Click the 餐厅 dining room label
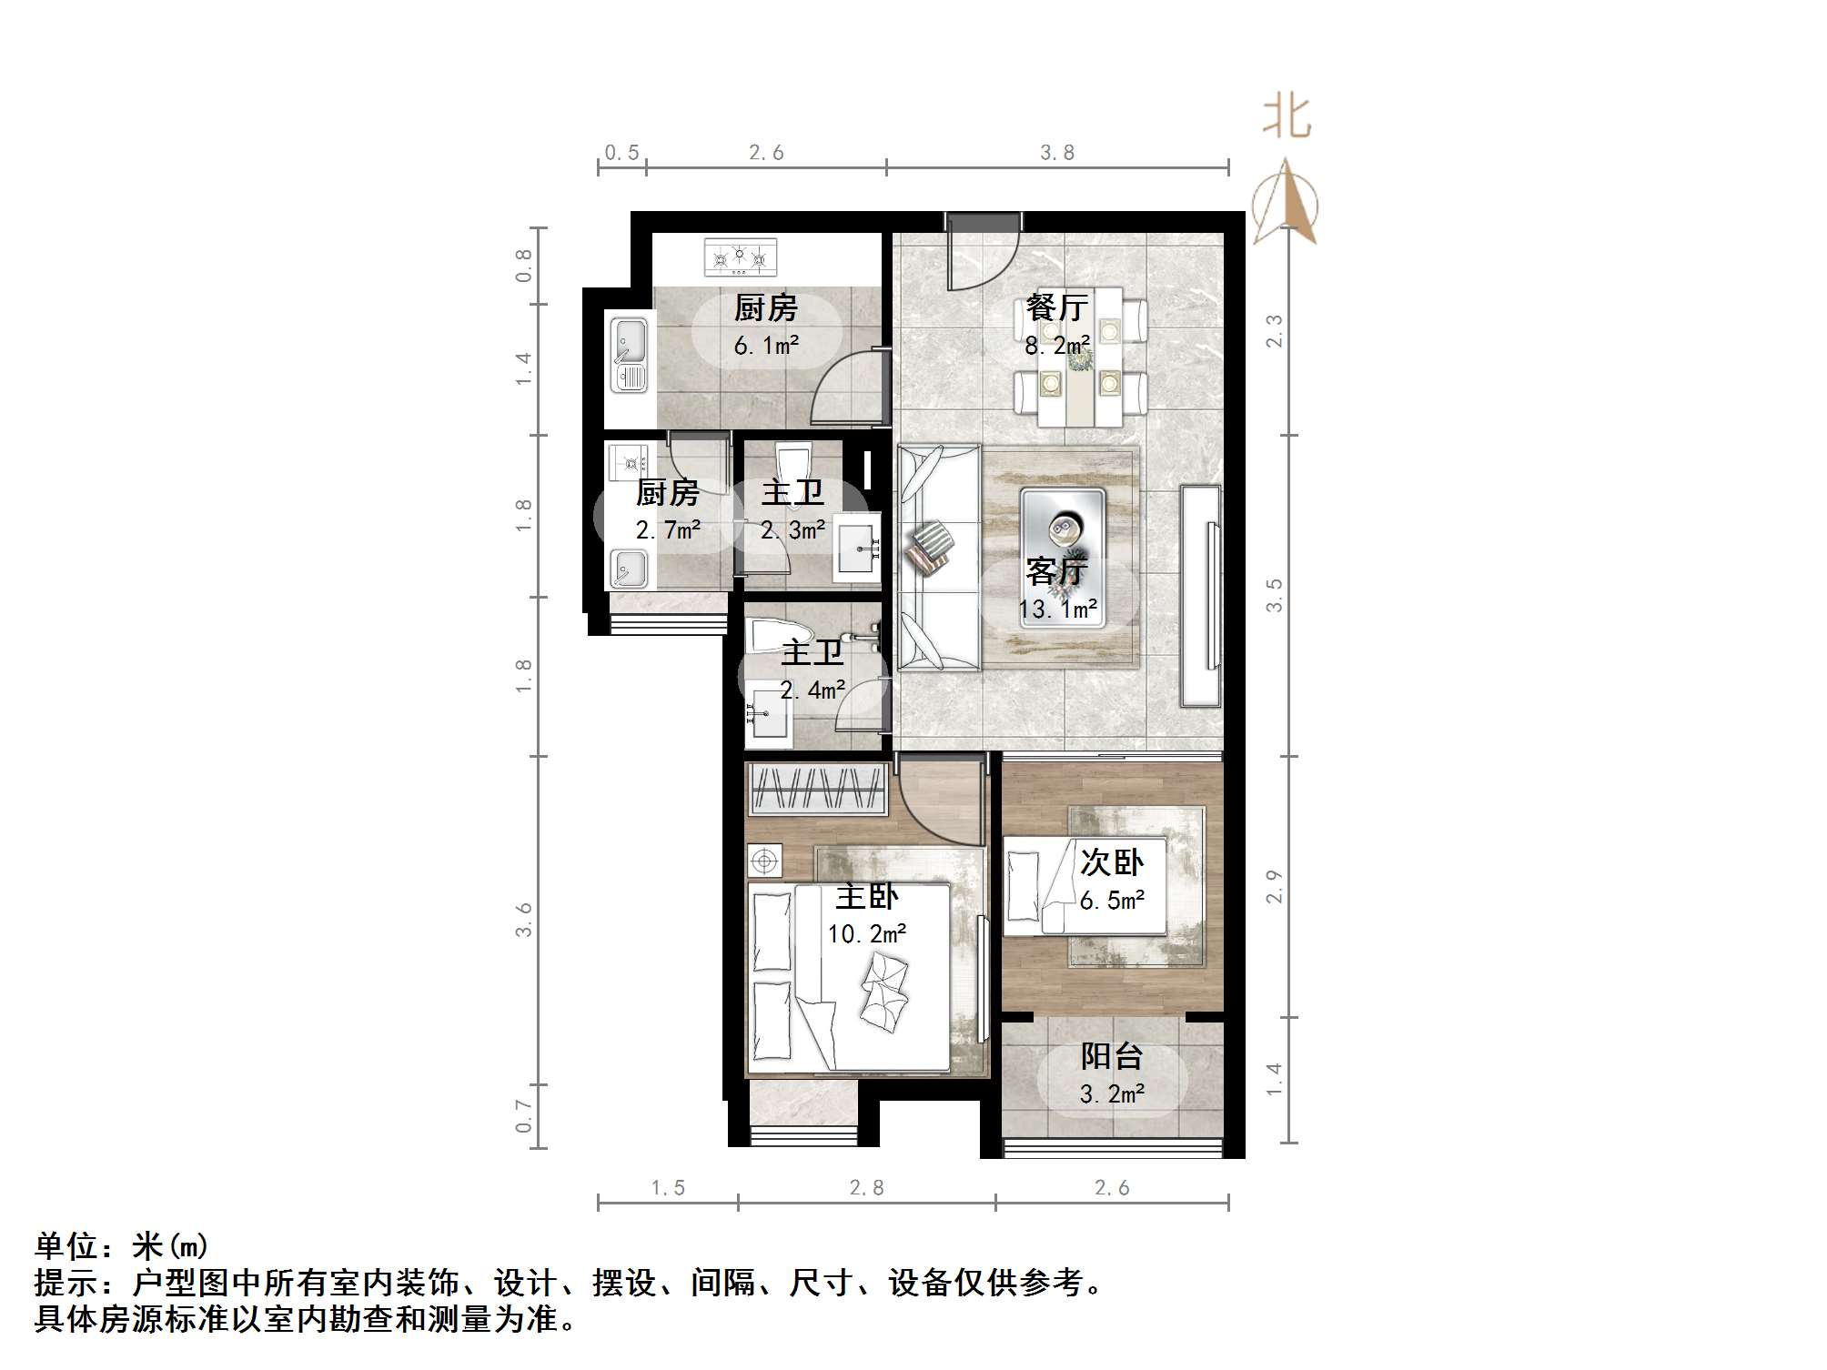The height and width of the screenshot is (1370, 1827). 1056,307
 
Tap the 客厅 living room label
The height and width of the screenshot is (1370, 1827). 1056,571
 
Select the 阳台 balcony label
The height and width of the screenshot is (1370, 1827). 1111,1056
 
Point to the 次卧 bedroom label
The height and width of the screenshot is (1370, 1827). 1111,862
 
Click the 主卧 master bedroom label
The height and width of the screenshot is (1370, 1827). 866,897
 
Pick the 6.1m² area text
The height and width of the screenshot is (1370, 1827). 766,346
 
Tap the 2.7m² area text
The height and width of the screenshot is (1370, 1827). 668,530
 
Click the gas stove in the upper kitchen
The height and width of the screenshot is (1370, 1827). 741,257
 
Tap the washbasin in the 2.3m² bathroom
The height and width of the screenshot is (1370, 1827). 858,547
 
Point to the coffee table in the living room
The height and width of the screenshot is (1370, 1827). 1062,557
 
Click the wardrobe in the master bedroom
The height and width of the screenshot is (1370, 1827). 817,788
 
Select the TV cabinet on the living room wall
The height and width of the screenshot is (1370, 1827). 1200,596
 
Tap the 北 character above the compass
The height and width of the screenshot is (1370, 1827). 1287,118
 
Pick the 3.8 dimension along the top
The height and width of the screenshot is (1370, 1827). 1057,153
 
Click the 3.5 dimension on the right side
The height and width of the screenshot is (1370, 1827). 1274,595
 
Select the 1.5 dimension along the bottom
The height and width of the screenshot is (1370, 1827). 668,1187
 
